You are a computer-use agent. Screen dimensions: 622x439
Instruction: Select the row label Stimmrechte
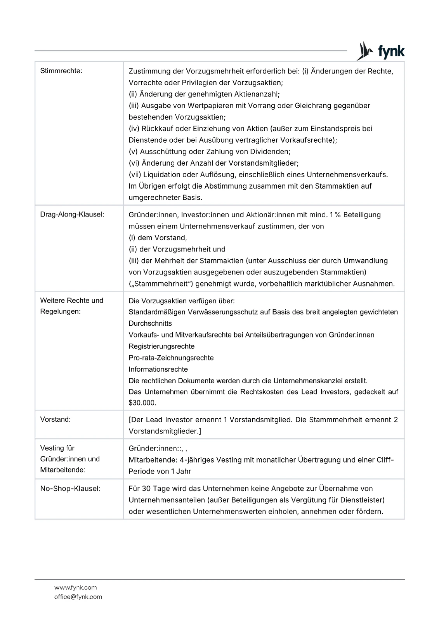coord(61,71)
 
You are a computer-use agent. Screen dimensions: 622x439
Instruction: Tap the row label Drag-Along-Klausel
coord(72,215)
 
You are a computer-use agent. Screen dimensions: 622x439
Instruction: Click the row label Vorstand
coord(56,419)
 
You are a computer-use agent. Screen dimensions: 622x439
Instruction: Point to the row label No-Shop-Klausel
coord(70,489)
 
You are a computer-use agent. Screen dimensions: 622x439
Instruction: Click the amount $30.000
coord(142,403)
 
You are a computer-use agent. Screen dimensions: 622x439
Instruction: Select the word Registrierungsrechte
coord(161,346)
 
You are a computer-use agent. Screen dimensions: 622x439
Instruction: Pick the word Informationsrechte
coord(158,369)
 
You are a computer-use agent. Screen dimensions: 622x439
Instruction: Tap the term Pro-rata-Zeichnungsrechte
coord(171,358)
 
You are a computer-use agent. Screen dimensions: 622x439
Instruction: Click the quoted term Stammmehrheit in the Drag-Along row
coord(160,284)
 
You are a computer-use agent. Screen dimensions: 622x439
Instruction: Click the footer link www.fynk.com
coord(76,587)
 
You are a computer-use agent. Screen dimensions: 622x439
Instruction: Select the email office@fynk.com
coord(78,597)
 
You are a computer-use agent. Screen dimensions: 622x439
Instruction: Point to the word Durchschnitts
coord(150,323)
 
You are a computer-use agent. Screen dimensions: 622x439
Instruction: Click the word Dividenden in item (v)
coord(271,152)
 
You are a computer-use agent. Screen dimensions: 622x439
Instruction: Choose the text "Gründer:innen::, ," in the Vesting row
coord(158,448)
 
